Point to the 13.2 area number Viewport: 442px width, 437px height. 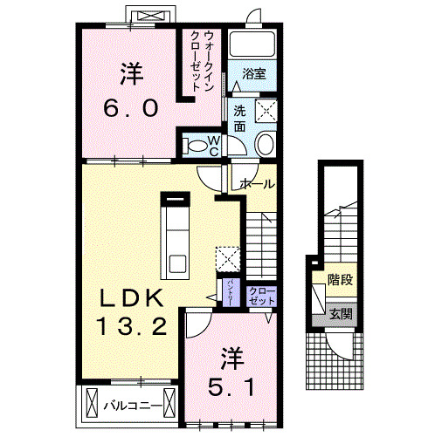(x=132, y=327)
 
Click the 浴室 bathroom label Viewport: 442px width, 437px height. (x=254, y=75)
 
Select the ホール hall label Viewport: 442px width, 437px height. (x=257, y=184)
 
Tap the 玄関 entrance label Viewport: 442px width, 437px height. (x=341, y=313)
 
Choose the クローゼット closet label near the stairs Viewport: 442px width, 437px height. (x=260, y=295)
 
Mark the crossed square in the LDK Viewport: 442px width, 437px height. (x=227, y=259)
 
